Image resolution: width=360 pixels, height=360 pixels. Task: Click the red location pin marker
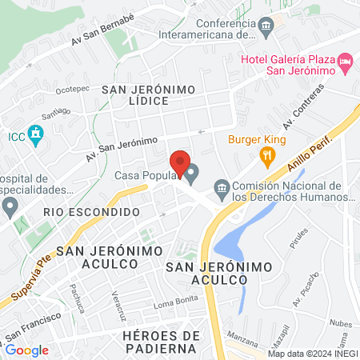point(180,163)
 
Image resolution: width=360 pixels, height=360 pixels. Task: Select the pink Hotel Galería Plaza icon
point(345,61)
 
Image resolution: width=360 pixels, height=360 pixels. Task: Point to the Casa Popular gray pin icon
point(192,173)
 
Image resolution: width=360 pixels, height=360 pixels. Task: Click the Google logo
point(26,350)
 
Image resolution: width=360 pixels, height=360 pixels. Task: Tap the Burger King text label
point(257,138)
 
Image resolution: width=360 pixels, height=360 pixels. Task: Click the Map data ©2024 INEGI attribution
point(312,354)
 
